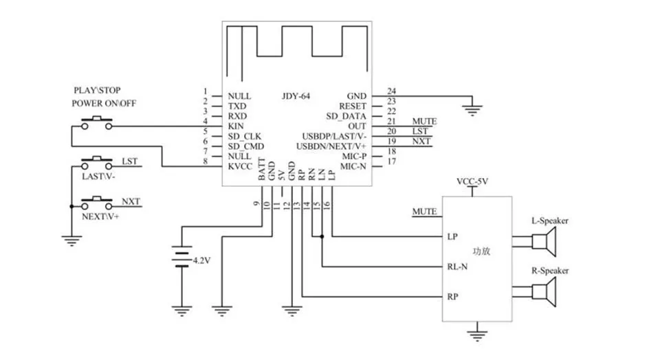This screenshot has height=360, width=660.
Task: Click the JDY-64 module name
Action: (x=296, y=96)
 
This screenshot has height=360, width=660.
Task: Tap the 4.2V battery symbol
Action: (x=181, y=259)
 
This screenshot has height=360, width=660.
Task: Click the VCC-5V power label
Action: (x=472, y=182)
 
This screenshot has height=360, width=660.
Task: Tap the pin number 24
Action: (x=391, y=91)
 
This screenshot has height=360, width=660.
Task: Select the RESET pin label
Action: (x=353, y=106)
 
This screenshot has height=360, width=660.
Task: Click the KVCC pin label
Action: (x=241, y=166)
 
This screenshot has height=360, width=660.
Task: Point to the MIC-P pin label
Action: (x=354, y=157)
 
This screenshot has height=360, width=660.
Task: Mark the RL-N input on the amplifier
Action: (x=458, y=267)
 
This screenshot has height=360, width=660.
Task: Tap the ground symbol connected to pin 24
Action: (x=472, y=107)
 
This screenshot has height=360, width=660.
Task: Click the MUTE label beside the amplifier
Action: (x=424, y=211)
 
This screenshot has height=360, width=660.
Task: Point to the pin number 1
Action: (x=205, y=91)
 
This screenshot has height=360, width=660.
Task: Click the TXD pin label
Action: (x=237, y=106)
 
